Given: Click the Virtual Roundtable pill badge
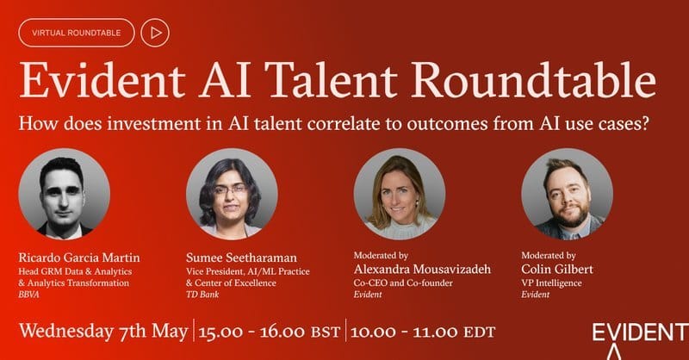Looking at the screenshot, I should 76,33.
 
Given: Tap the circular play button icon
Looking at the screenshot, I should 155,33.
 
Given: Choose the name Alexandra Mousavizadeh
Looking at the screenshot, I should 422,270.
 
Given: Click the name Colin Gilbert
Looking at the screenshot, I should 561,270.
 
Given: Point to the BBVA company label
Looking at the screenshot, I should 30,294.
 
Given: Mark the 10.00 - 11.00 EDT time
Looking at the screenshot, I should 425,332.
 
